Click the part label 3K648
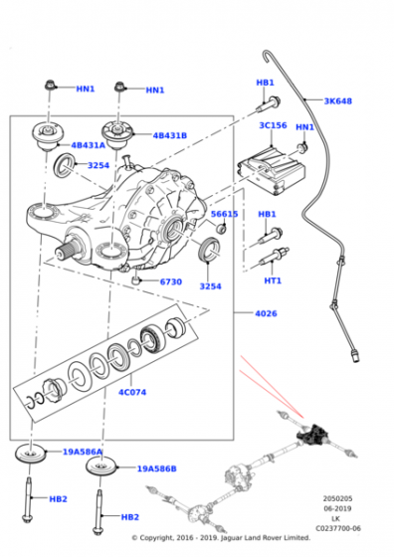pos(337,100)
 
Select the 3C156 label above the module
pos(274,126)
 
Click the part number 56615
pos(224,213)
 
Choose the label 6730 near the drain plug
pos(170,281)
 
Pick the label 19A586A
pos(83,452)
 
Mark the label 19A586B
pos(157,467)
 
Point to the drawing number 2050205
pos(338,498)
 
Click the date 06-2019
pos(338,508)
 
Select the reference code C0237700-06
pos(338,528)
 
